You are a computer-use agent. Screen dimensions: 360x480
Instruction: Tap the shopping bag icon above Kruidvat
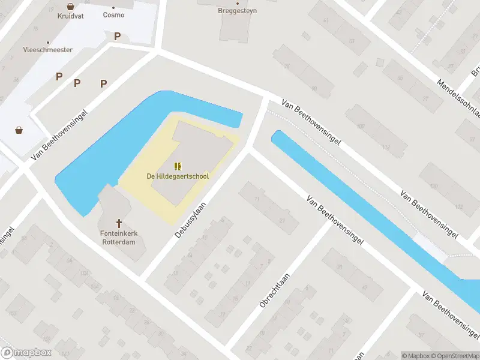click(71, 7)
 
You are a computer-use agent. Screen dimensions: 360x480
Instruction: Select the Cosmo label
click(113, 14)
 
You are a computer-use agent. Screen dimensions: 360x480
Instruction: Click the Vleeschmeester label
click(47, 50)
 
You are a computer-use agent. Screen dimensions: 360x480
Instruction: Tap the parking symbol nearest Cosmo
click(118, 36)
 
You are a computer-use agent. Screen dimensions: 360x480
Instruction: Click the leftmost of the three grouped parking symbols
click(59, 76)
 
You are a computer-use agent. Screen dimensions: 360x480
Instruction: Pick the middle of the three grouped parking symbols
click(77, 83)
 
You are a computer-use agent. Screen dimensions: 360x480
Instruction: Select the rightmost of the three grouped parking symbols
click(104, 83)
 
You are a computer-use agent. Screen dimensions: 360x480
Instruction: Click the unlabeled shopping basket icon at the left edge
click(20, 130)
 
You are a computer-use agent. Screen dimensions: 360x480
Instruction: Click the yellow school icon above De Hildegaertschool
click(176, 166)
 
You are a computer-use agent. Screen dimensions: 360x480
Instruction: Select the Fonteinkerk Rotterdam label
click(118, 238)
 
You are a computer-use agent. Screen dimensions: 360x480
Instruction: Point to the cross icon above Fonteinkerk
click(118, 222)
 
